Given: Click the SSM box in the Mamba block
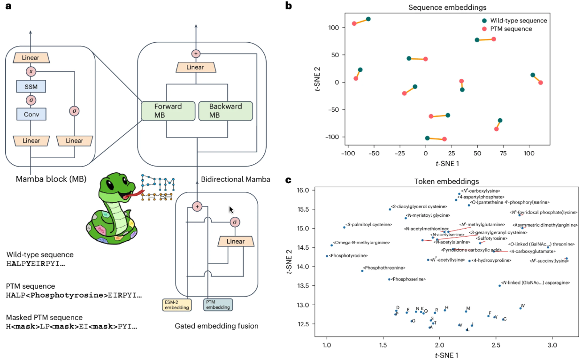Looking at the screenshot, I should click(x=31, y=86).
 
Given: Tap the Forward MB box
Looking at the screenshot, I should click(x=168, y=111).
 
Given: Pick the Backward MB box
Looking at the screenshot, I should click(x=225, y=111).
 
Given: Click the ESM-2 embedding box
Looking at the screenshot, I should click(x=177, y=305).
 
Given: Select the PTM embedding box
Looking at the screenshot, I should click(x=218, y=305).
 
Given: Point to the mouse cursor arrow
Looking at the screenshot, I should click(x=231, y=209).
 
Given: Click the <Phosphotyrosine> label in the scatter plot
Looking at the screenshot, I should click(x=348, y=256).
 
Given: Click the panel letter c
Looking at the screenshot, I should click(x=288, y=181).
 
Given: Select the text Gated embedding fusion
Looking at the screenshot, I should click(x=216, y=326).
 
